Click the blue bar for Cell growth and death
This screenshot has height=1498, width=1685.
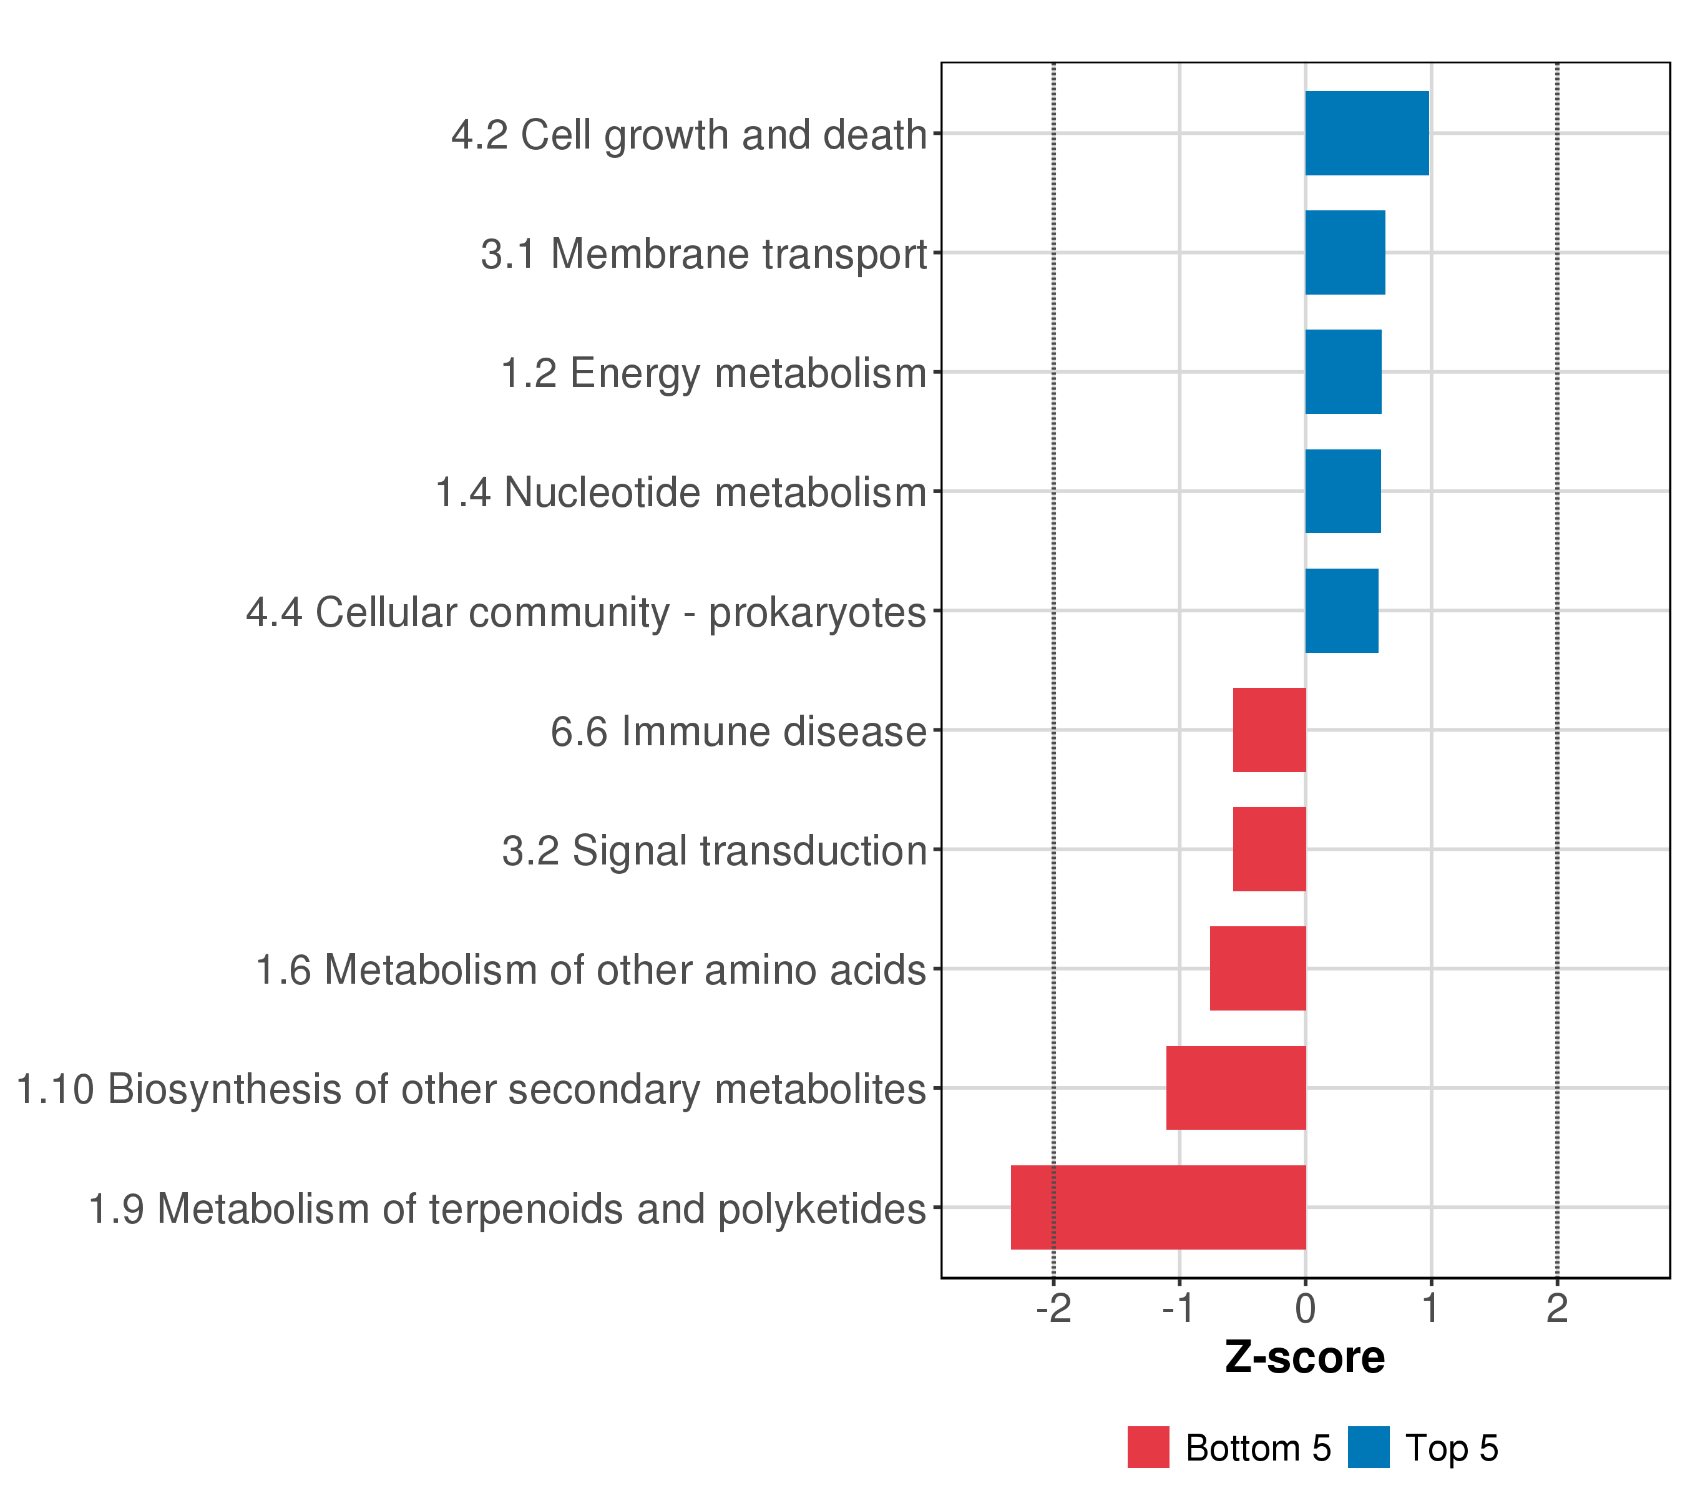[1367, 133]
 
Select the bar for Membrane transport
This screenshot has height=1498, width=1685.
[1344, 252]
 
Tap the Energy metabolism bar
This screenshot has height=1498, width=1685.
[1343, 372]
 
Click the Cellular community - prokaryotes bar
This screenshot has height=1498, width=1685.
[1341, 611]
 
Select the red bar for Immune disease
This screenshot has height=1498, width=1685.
[1269, 730]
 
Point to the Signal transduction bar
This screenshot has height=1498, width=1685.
[1269, 849]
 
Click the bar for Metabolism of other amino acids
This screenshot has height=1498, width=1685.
[1258, 969]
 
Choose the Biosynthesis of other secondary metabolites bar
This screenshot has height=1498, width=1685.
[1236, 1089]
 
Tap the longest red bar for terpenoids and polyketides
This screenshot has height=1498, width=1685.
[1158, 1207]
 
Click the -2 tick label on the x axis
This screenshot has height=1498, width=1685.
[1053, 1308]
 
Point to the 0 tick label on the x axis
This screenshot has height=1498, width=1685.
[1305, 1308]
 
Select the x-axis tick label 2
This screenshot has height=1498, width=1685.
[1556, 1308]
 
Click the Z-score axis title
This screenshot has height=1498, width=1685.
[1305, 1357]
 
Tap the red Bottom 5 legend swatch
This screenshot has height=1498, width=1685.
[1148, 1447]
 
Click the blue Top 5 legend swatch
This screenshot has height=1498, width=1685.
[1369, 1447]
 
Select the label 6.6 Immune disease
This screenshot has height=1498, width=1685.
[739, 732]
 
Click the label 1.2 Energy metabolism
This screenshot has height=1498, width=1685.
[714, 373]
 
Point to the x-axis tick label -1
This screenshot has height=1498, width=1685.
[1179, 1308]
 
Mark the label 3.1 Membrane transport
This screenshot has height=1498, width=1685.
[704, 254]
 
